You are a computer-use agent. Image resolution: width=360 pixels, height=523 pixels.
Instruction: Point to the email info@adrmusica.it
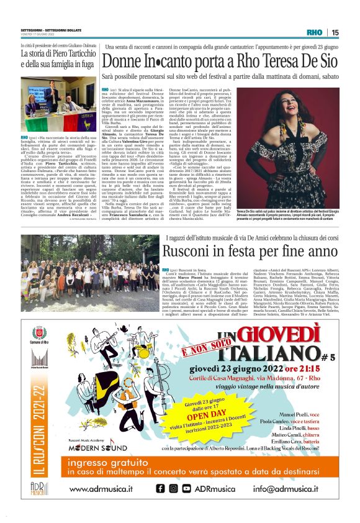[289, 490]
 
